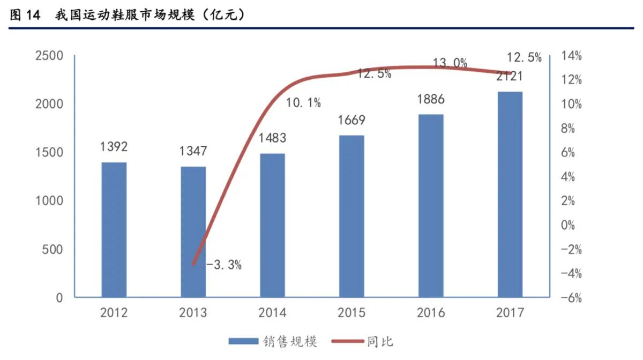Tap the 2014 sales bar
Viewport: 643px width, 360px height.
pos(272,225)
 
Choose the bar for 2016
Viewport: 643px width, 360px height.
pos(431,206)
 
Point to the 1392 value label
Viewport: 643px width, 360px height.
pos(114,146)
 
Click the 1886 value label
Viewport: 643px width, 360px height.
pos(431,99)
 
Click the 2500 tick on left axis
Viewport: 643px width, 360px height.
pos(49,56)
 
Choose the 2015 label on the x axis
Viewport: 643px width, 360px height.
pos(352,313)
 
